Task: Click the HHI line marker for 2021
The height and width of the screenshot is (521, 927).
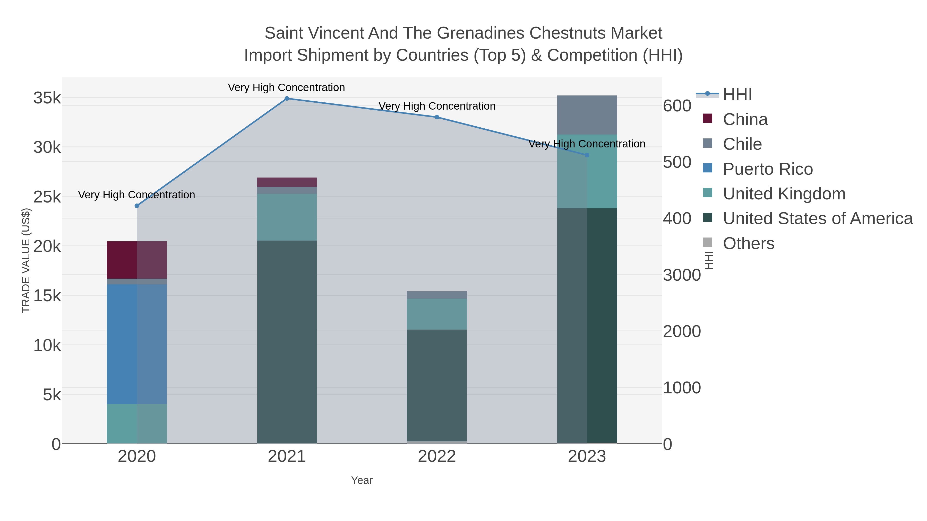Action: pyautogui.click(x=287, y=99)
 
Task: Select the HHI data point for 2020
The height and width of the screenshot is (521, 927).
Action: pyautogui.click(x=137, y=206)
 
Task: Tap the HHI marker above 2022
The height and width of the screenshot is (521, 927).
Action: pyautogui.click(x=437, y=117)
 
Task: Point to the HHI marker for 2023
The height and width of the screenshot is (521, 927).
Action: pyautogui.click(x=587, y=155)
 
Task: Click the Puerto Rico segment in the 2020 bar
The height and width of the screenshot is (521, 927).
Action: pyautogui.click(x=137, y=344)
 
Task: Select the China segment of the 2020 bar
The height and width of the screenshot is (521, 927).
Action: pyautogui.click(x=137, y=260)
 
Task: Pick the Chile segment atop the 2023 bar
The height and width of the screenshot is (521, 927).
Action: pyautogui.click(x=587, y=115)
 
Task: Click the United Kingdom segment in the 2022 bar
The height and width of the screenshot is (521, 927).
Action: pyautogui.click(x=437, y=314)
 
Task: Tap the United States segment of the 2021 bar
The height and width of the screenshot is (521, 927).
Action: pyautogui.click(x=287, y=342)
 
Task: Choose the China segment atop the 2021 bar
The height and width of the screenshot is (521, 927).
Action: pyautogui.click(x=287, y=182)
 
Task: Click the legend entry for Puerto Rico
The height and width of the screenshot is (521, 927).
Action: pyautogui.click(x=768, y=169)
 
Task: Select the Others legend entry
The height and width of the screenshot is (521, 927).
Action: pyautogui.click(x=749, y=243)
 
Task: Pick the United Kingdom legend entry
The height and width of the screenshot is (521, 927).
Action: pyautogui.click(x=784, y=194)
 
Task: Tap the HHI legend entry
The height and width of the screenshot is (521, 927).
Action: pyautogui.click(x=737, y=95)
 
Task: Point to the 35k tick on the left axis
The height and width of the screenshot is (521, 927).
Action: pyautogui.click(x=47, y=98)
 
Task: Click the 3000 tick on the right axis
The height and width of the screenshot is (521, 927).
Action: pyautogui.click(x=682, y=275)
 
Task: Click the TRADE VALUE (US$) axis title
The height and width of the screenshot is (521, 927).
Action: pyautogui.click(x=26, y=260)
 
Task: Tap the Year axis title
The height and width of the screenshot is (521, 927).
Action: pyautogui.click(x=362, y=480)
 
